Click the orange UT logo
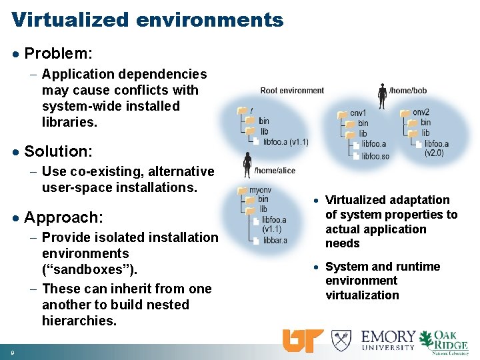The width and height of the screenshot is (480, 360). [303, 340]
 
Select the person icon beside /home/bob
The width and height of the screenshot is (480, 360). [382, 96]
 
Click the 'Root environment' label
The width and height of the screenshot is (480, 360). [292, 91]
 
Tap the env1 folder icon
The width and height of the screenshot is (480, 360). [343, 114]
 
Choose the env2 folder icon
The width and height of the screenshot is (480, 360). [405, 113]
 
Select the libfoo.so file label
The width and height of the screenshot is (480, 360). [375, 156]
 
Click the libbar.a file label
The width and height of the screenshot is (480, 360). [275, 240]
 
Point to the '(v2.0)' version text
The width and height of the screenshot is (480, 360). [434, 153]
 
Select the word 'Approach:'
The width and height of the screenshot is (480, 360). [63, 217]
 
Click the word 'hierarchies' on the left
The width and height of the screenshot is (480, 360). [78, 321]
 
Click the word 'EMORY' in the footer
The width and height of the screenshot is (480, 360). [389, 336]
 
